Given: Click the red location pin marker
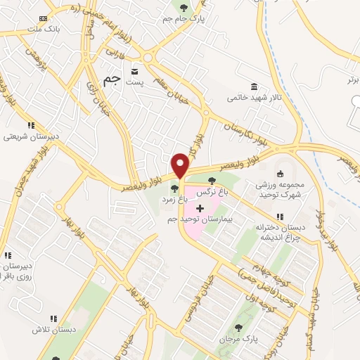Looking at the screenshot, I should pyautogui.click(x=181, y=165).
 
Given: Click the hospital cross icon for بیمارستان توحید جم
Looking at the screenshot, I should pyautogui.click(x=200, y=209).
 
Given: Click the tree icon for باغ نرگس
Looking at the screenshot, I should pyautogui.click(x=212, y=181).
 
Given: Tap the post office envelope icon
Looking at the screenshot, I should pyautogui.click(x=134, y=71).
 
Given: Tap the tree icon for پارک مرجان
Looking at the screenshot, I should pyautogui.click(x=237, y=327).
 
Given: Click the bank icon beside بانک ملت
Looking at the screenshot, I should pyautogui.click(x=44, y=18).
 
